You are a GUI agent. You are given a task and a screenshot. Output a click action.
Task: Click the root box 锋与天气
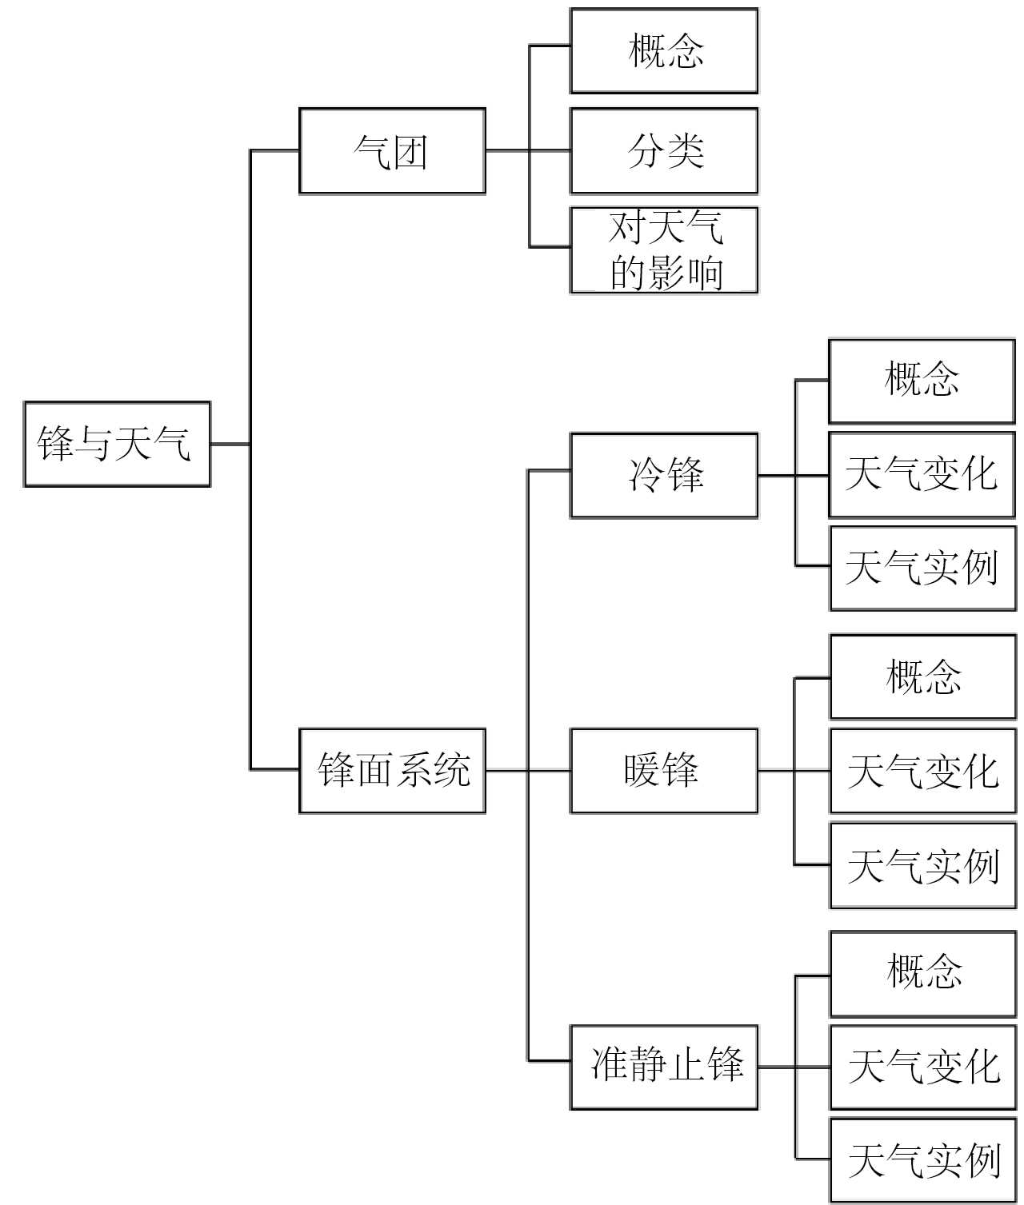coord(117,444)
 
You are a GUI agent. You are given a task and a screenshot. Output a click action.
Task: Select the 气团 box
coord(392,151)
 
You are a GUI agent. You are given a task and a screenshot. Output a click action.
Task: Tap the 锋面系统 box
coord(392,771)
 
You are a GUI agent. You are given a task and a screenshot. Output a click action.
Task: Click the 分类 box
coord(663,151)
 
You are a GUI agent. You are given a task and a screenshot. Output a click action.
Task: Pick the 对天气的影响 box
coord(663,250)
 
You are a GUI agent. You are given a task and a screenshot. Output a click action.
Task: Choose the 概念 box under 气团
coord(663,51)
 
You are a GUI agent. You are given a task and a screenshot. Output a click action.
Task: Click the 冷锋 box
coord(663,476)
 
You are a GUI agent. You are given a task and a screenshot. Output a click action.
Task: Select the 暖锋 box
coord(663,771)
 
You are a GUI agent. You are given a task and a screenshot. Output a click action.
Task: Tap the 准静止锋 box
coord(663,1067)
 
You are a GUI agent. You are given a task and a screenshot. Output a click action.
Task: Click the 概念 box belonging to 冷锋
coord(922,381)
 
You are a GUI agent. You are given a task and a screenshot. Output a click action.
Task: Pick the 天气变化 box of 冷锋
coord(922,475)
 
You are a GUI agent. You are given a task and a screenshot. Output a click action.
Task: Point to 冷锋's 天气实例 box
coord(922,568)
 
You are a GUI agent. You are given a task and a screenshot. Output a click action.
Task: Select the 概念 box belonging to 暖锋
coord(923,677)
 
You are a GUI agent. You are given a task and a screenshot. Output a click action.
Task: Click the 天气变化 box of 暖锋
coord(923,772)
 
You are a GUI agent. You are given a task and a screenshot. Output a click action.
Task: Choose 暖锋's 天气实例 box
coord(923,866)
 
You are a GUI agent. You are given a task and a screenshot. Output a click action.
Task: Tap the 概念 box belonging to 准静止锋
coord(924,973)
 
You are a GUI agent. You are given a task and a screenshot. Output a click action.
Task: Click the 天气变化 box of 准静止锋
coord(924,1067)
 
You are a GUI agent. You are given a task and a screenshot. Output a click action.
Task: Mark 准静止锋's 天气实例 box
coord(924,1160)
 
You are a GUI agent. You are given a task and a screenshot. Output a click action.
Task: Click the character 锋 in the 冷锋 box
coord(685,476)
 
